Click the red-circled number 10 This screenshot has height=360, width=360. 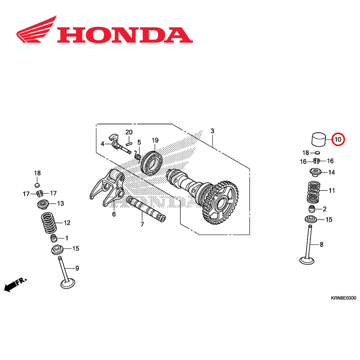338,139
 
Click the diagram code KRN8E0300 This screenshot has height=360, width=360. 343,298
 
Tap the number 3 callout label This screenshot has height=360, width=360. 212,131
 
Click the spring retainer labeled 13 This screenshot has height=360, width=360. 44,205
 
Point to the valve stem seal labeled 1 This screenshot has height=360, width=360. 54,238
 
